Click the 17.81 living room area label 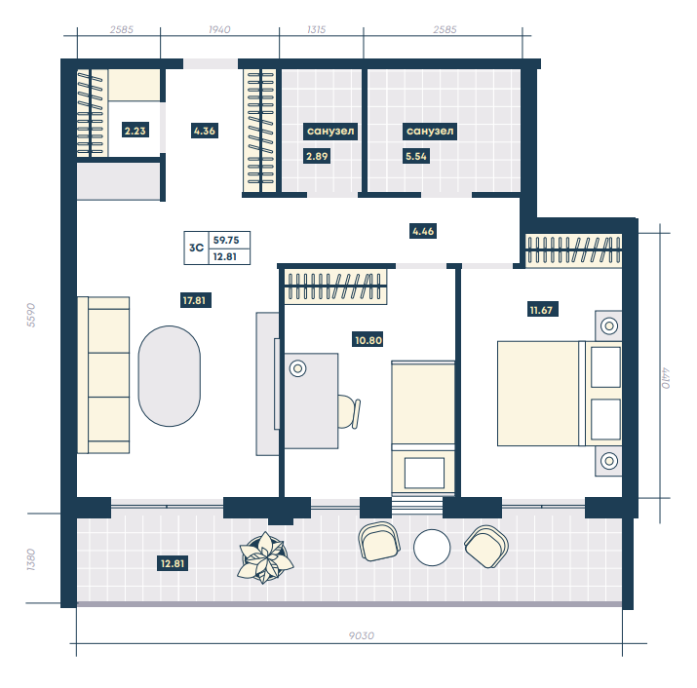[195, 300]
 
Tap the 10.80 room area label [368, 340]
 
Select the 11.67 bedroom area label [541, 310]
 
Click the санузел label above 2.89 [330, 132]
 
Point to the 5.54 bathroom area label [416, 157]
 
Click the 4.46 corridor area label [423, 231]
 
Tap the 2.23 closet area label [136, 131]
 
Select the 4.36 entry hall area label [205, 131]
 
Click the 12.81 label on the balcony [173, 563]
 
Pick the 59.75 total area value [226, 240]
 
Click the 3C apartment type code [196, 248]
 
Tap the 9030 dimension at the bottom [362, 635]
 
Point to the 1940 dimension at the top [219, 29]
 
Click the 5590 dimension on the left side [30, 315]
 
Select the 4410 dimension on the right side [665, 378]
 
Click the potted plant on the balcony [265, 557]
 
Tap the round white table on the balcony [432, 548]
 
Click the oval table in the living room [170, 376]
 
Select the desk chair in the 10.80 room [349, 412]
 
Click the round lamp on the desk [298, 368]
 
